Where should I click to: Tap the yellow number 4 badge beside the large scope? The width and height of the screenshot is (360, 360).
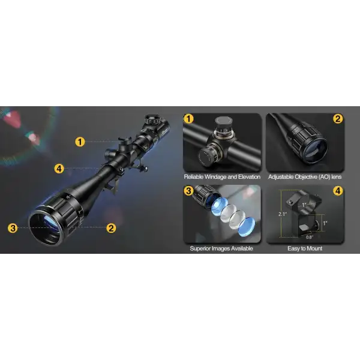click(x=59, y=169)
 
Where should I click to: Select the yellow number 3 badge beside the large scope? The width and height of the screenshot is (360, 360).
click(x=13, y=227)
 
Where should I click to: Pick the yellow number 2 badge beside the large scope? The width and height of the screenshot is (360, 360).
click(x=111, y=227)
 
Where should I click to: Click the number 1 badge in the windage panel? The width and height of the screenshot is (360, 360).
click(x=189, y=119)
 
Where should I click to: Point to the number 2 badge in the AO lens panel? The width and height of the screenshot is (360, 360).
click(x=338, y=119)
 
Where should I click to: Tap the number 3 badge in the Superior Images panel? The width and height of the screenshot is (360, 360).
click(x=189, y=191)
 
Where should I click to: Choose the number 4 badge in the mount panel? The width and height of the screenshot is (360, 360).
click(x=338, y=191)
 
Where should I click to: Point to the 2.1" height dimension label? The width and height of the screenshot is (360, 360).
click(x=283, y=213)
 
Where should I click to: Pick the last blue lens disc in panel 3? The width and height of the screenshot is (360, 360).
click(x=244, y=227)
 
